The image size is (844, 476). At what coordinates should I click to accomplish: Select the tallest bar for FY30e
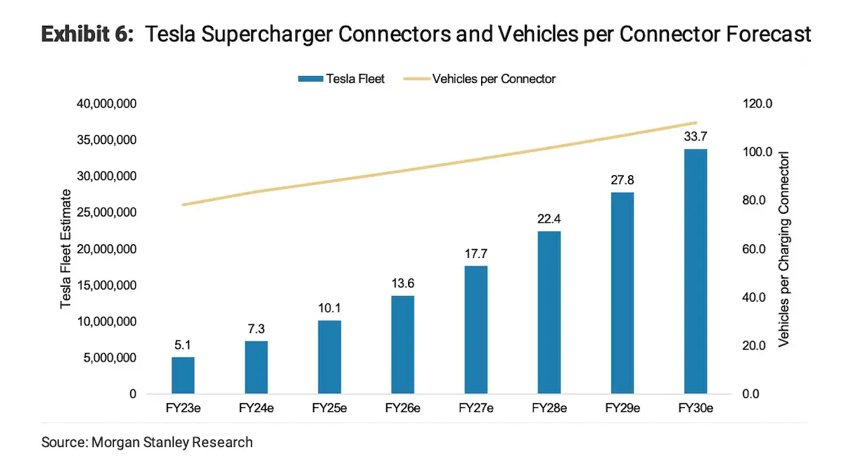coord(695,271)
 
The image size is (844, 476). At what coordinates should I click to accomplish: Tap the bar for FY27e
coord(475,330)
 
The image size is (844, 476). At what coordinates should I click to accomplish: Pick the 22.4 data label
coord(549,219)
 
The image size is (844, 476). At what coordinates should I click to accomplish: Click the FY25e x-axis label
coord(329,408)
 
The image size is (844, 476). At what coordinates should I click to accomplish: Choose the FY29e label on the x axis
coord(622,408)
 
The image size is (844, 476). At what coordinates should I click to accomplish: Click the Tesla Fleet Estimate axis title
coord(66,249)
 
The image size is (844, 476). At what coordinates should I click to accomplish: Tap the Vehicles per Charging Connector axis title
coord(784,249)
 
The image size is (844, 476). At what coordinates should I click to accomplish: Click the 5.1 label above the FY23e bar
coord(183,345)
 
